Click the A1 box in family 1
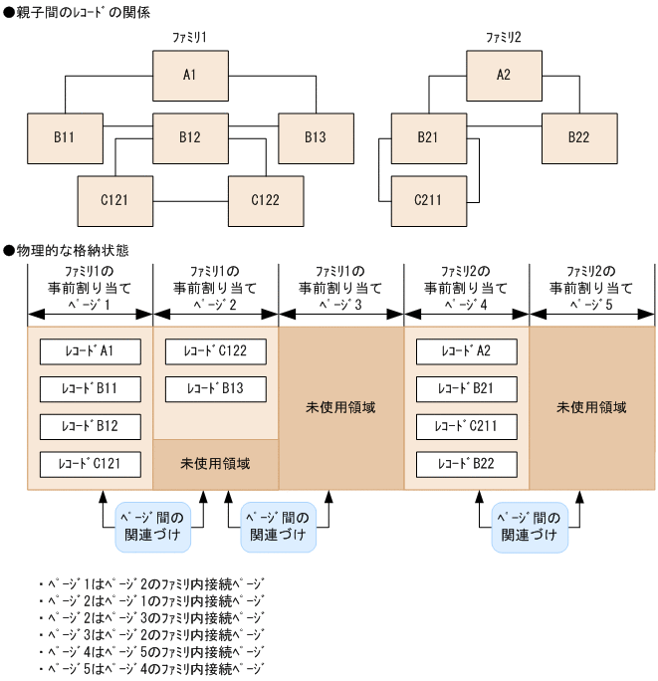190,75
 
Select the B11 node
65,137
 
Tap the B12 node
190,137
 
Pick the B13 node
316,137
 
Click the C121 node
115,199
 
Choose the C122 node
265,199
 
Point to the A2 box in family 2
504,75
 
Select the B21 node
429,137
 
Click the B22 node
579,137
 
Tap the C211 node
429,199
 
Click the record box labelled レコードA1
90,351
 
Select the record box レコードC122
215,351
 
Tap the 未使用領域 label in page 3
340,407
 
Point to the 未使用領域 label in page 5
592,407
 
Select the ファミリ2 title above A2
504,37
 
